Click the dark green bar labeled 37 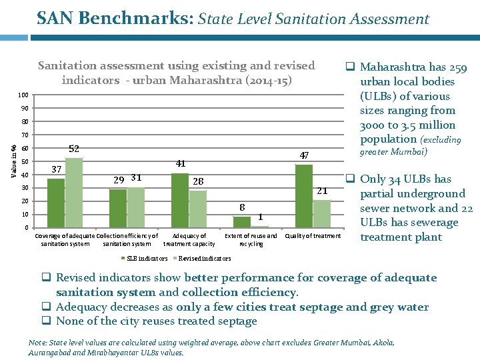[56, 203]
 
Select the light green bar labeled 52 [73, 193]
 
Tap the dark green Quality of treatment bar [304, 196]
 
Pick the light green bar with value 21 [322, 214]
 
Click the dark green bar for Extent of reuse [242, 222]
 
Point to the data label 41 [180, 163]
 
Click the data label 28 [198, 181]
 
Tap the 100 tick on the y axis [24, 95]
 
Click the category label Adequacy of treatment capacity [189, 239]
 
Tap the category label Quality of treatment [313, 236]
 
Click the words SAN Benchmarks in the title [114, 19]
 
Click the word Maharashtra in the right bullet [393, 67]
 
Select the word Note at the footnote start [37, 343]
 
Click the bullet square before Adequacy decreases [47, 307]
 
